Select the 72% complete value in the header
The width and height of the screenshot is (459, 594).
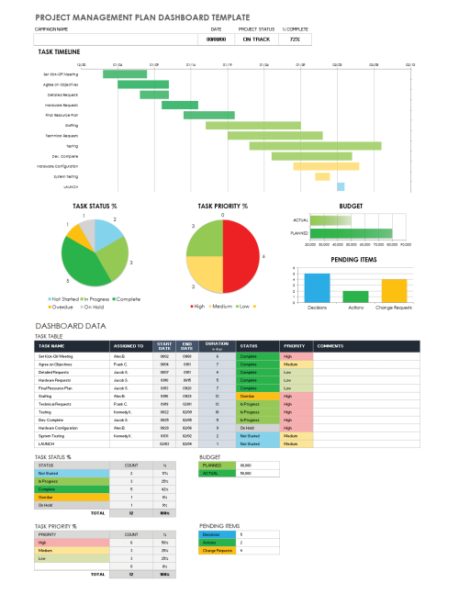point(294,39)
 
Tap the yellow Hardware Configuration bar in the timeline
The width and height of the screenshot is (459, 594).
point(319,166)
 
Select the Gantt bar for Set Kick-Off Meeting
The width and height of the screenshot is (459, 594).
point(119,73)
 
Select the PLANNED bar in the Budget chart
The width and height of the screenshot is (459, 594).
point(351,233)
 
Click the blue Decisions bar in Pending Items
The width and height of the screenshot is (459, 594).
point(317,287)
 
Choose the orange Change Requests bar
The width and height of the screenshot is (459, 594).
point(394,290)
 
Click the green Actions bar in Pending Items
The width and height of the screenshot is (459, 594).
point(355,296)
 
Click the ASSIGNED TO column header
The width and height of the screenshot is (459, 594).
point(129,346)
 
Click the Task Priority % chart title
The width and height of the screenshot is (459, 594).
point(223,207)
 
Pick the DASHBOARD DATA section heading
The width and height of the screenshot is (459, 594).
point(70,325)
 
